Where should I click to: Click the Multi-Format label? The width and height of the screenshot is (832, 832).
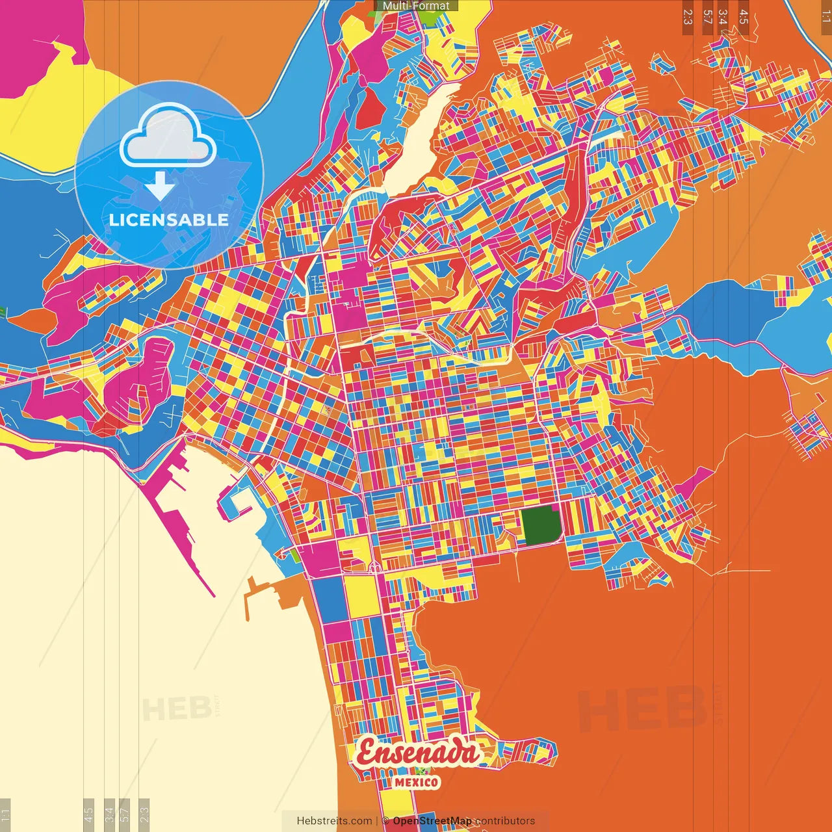(416, 6)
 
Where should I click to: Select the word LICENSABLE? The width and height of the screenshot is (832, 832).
(169, 220)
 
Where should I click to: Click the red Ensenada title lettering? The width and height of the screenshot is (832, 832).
(417, 753)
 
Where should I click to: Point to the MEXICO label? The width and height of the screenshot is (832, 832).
(417, 782)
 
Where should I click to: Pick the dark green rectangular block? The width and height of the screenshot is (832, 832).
(541, 525)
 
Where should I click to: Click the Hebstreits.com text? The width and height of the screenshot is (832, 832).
(334, 821)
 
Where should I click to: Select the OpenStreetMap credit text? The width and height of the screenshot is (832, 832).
(432, 821)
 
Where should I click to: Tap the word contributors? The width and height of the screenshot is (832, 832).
(505, 821)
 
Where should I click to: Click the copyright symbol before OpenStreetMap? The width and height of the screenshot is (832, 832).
(385, 821)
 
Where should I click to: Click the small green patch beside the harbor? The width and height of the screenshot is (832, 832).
(296, 556)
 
